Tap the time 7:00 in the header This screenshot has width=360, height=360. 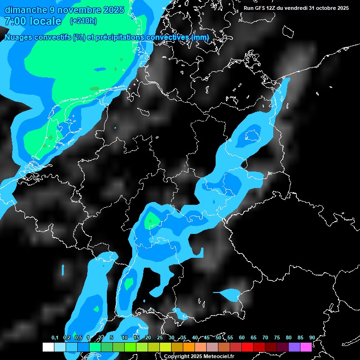14,21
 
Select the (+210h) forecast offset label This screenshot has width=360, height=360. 83,21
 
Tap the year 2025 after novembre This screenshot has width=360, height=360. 112,10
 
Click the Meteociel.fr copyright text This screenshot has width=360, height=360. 217,357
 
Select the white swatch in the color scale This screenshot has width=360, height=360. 48,347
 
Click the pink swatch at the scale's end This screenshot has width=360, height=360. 306,347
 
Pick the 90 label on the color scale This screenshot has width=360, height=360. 312,338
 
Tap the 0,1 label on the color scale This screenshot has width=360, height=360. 55,338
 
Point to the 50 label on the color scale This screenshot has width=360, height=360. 218,338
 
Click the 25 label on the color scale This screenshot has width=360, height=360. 160,338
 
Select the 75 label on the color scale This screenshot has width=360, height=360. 277,338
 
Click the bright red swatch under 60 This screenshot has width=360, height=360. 247,347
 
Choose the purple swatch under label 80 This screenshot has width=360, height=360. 294,347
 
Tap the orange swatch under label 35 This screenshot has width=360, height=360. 189,347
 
